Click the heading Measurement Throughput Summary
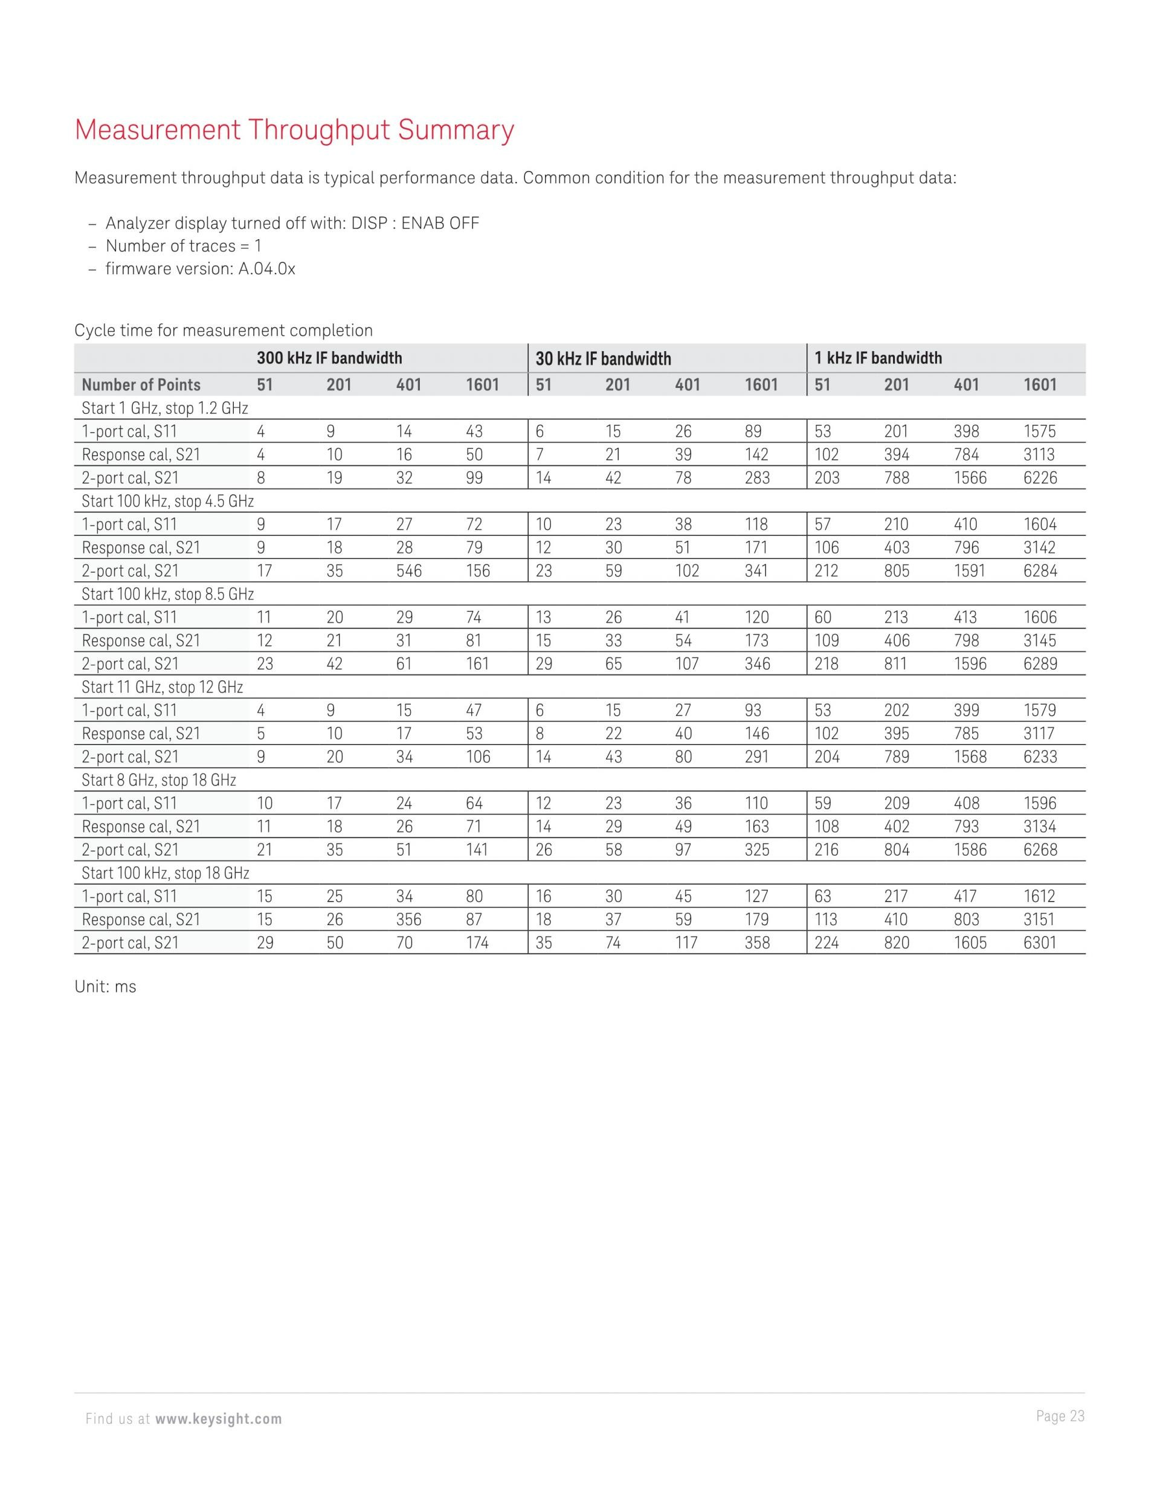[294, 130]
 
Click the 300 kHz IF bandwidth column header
[329, 358]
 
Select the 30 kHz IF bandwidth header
[603, 359]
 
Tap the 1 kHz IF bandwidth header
[878, 358]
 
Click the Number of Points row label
[141, 385]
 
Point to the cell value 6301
[1039, 943]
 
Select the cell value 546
[408, 571]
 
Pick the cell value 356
[408, 920]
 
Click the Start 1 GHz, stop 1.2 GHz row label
[164, 408]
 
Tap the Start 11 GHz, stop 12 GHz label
[162, 687]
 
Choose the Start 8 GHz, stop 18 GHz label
[159, 780]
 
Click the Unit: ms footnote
[105, 987]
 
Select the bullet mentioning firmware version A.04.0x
[200, 269]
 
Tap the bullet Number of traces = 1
[184, 246]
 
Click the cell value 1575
[1039, 431]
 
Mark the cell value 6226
[1040, 479]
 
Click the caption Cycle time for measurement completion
[224, 331]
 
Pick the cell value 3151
[1039, 920]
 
